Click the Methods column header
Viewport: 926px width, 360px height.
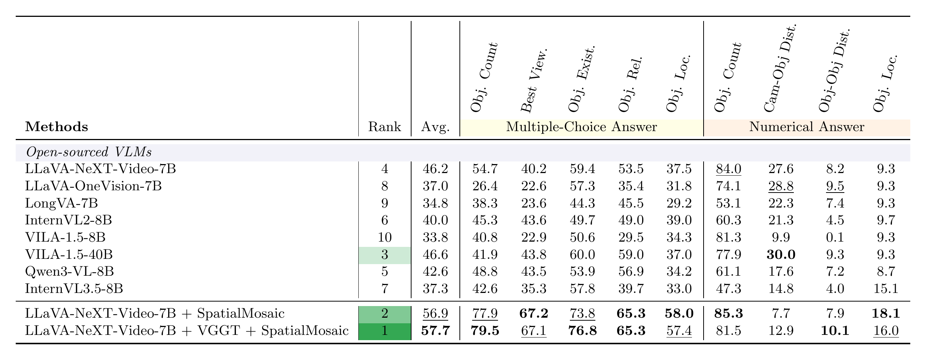point(57,127)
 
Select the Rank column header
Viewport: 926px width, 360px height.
point(385,127)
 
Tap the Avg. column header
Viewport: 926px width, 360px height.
point(435,127)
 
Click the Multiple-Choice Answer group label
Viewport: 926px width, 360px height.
point(582,127)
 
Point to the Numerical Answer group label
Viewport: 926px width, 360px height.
point(807,127)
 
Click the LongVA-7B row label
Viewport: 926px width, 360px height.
point(61,203)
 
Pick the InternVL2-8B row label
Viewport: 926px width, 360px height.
point(68,220)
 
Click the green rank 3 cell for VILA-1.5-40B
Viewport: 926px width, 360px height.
point(385,255)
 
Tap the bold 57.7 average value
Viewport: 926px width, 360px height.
point(435,331)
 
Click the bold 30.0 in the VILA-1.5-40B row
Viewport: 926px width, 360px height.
point(781,255)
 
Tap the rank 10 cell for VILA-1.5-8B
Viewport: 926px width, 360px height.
point(385,237)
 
